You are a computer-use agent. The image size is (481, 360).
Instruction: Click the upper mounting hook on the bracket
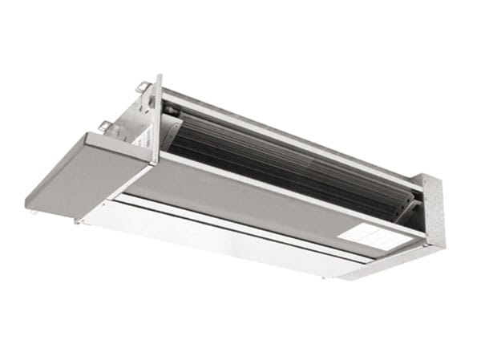142,87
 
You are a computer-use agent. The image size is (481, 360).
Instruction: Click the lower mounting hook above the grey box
104,125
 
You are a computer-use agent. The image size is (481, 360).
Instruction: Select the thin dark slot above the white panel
240,215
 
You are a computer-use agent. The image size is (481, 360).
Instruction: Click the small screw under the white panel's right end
325,277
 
